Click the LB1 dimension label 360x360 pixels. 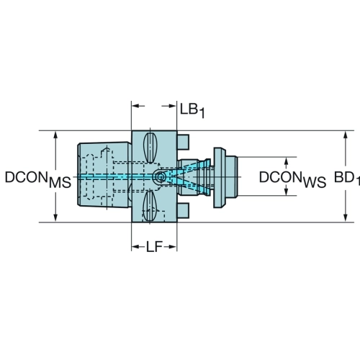192,110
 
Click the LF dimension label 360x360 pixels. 155,246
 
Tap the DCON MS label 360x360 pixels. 38,179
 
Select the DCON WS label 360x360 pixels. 292,179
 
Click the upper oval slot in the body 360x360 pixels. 150,148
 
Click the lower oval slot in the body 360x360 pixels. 149,206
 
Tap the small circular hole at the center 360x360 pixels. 160,177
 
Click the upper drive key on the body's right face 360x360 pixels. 183,143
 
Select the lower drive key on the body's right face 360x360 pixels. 183,211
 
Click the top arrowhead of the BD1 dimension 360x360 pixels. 345,135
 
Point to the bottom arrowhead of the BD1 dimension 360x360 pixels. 345,218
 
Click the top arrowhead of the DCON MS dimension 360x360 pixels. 55,135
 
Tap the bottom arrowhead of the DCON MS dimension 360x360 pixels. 55,217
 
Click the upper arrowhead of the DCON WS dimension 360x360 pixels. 286,161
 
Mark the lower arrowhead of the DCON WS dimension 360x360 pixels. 286,192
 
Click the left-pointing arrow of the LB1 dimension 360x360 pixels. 138,106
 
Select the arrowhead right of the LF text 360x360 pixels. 173,247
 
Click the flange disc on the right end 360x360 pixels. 220,178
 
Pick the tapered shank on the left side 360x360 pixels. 104,174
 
